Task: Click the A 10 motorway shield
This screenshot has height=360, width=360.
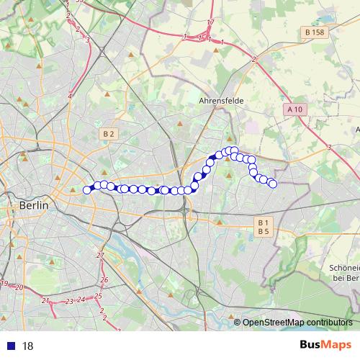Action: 294,109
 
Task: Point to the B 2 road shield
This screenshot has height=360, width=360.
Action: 109,134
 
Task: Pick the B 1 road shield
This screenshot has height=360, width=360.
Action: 264,222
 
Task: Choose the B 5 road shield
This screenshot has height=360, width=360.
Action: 264,231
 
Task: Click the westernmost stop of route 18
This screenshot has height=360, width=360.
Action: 88,190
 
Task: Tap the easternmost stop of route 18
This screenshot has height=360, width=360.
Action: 273,184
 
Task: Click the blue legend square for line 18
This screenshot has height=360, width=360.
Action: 11,346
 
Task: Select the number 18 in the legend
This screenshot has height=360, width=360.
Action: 28,346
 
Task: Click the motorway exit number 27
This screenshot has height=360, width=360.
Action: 100,256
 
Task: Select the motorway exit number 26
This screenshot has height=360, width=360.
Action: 104,279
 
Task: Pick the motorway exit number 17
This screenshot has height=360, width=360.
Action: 210,23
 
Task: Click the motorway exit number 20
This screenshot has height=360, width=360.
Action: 19,287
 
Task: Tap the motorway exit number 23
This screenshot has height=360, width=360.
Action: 68,302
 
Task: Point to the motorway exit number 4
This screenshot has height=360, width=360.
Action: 71,96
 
